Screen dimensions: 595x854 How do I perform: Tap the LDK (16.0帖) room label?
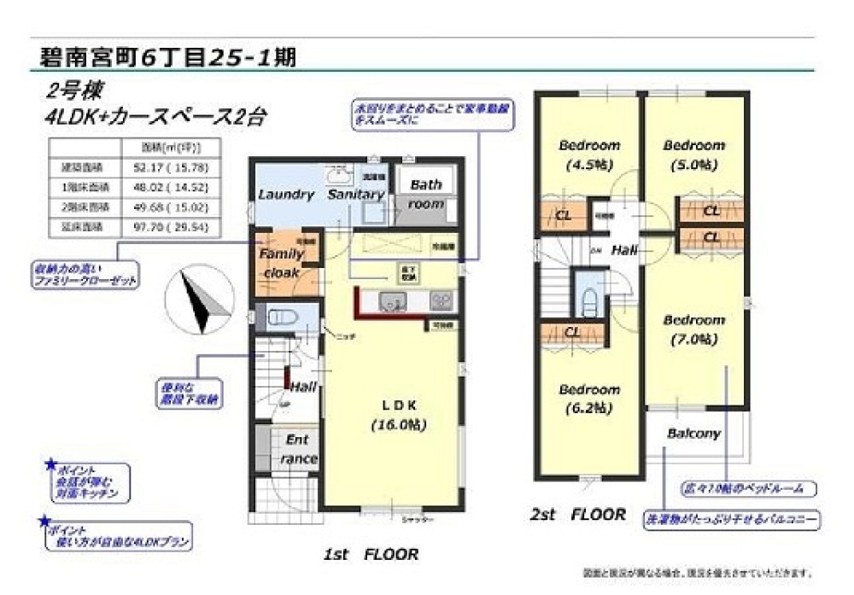pyautogui.click(x=398, y=414)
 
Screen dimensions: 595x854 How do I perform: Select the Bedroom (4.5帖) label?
pyautogui.click(x=588, y=154)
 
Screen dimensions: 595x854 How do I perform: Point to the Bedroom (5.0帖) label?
pyautogui.click(x=694, y=155)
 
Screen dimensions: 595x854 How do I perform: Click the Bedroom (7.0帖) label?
pyautogui.click(x=694, y=330)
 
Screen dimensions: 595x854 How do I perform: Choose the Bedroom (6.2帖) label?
pyautogui.click(x=589, y=399)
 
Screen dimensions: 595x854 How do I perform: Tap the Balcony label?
pyautogui.click(x=693, y=433)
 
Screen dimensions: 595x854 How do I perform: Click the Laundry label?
pyautogui.click(x=286, y=195)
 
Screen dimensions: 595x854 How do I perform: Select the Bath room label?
pyautogui.click(x=424, y=195)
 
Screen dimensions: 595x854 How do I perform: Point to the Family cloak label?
pyautogui.click(x=281, y=264)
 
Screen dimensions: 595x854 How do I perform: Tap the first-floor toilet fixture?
pyautogui.click(x=282, y=318)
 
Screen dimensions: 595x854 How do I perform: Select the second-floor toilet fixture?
pyautogui.click(x=588, y=296)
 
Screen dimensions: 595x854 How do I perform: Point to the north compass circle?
pyautogui.click(x=199, y=299)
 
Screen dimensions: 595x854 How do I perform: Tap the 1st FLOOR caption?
pyautogui.click(x=371, y=555)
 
